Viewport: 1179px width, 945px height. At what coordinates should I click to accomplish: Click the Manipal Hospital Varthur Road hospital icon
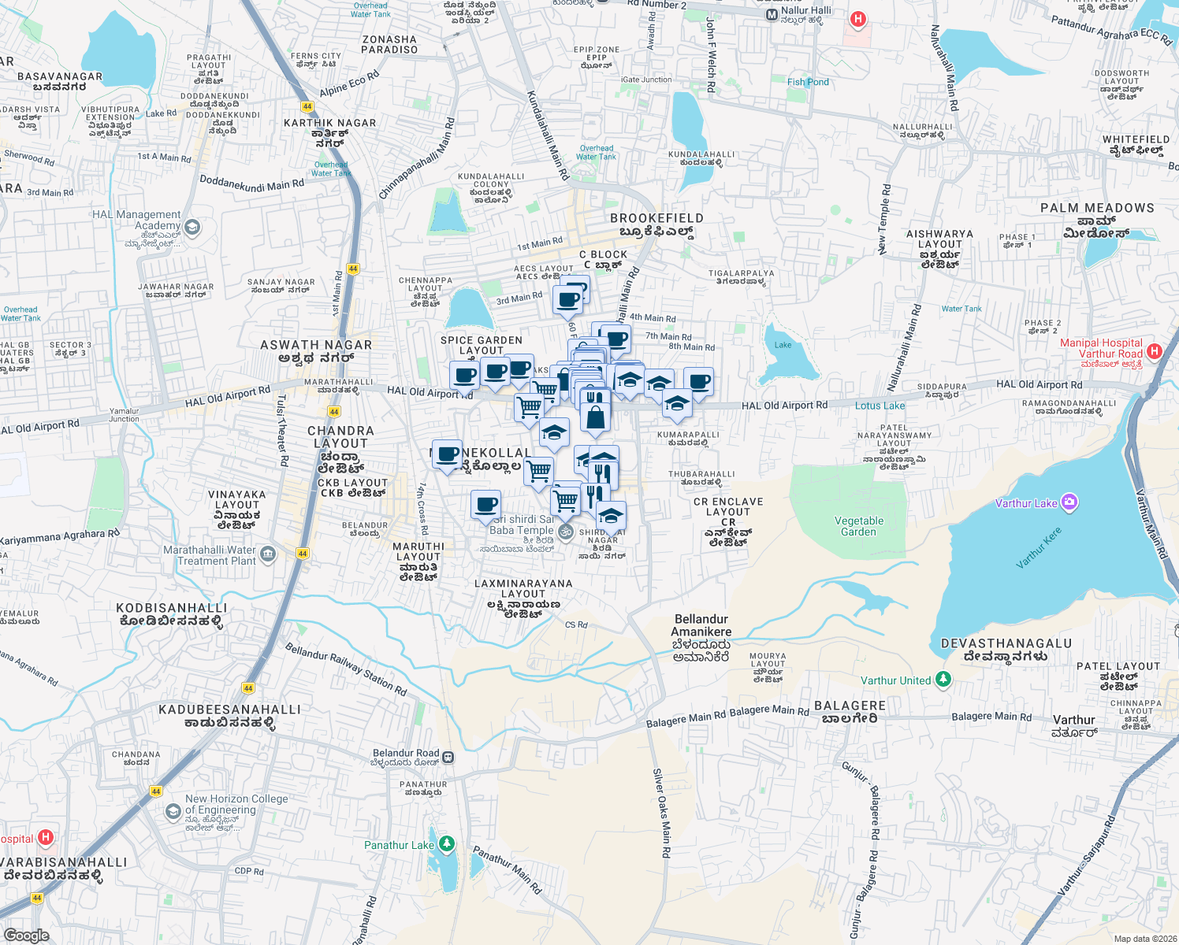1155,351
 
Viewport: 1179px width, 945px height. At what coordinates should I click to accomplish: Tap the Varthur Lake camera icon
1069,502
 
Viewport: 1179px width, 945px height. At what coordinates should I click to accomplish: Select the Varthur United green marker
943,679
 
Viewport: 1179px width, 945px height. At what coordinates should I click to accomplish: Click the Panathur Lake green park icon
447,844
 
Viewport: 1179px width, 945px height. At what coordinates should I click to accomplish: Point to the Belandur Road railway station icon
448,757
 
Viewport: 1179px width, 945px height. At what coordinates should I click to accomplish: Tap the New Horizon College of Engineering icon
173,811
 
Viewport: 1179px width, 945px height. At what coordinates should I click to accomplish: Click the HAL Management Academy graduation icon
192,228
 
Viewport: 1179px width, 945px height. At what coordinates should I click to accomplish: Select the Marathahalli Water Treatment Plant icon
268,554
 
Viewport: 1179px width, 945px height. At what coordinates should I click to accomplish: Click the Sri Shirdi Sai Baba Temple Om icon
566,532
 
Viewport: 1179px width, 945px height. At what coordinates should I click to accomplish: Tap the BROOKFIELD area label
656,218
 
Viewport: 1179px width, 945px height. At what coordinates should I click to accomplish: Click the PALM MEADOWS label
1097,208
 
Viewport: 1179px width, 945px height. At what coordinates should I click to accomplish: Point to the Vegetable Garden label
859,526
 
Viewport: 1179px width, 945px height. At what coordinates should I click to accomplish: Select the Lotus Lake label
880,406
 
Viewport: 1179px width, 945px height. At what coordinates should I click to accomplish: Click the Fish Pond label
808,82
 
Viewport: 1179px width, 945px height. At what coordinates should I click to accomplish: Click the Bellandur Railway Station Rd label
345,669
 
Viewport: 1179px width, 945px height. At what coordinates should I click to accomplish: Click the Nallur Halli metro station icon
772,15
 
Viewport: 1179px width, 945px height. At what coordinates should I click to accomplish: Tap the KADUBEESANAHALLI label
229,710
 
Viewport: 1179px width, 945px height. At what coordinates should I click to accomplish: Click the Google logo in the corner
26,935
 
